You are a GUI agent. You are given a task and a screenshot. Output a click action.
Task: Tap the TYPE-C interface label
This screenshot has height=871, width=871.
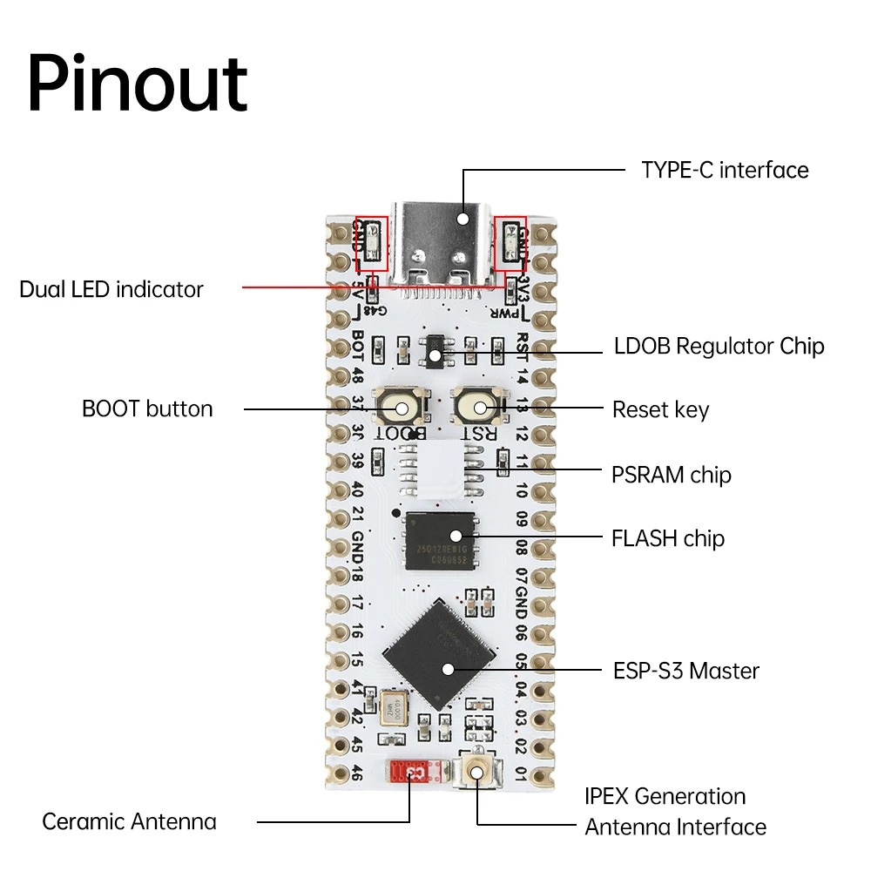click(x=725, y=170)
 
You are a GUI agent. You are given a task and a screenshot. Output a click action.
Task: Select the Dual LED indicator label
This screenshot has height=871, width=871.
click(x=111, y=289)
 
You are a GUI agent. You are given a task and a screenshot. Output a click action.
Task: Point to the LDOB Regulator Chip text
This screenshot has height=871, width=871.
click(x=719, y=347)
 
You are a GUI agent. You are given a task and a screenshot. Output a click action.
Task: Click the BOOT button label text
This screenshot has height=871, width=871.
click(x=147, y=408)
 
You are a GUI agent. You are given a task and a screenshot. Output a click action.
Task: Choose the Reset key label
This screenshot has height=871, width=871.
click(x=660, y=409)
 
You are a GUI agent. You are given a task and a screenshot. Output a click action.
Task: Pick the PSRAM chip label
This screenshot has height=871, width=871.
click(x=671, y=475)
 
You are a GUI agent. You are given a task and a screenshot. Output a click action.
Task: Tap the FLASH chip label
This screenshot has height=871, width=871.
click(x=667, y=538)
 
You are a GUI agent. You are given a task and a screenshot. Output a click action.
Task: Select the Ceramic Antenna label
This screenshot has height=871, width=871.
click(x=129, y=821)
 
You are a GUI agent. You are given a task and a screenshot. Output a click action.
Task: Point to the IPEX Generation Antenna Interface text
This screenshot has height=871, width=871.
click(x=675, y=811)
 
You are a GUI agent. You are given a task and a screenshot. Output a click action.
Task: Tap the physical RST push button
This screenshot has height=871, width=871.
click(x=478, y=407)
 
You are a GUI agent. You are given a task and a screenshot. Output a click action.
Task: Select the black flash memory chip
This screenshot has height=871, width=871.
click(x=441, y=540)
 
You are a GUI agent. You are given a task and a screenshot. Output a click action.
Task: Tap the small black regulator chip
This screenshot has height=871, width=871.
click(x=435, y=351)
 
